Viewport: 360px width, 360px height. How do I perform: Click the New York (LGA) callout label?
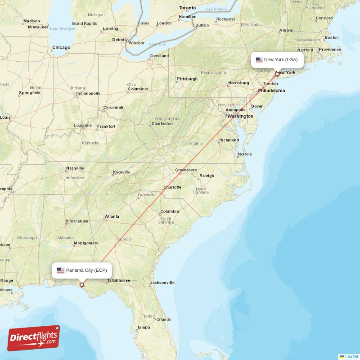pyautogui.click(x=277, y=59)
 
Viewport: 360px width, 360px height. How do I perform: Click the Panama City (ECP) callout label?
pyautogui.click(x=81, y=270)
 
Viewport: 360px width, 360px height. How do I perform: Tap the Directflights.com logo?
pyautogui.click(x=34, y=338)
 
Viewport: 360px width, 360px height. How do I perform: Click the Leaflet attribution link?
pyautogui.click(x=351, y=356)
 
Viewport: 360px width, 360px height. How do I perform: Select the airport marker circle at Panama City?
pyautogui.click(x=81, y=284)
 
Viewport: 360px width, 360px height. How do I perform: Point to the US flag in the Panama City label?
pyautogui.click(x=61, y=270)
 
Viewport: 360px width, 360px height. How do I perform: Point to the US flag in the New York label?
pyautogui.click(x=259, y=59)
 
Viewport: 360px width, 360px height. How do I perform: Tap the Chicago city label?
pyautogui.click(x=61, y=47)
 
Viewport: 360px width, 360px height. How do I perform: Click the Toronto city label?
pyautogui.click(x=188, y=8)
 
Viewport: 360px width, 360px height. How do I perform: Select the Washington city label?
pyautogui.click(x=240, y=116)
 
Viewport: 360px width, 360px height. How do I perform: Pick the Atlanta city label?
pyautogui.click(x=112, y=216)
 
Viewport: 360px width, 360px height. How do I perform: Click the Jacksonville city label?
pyautogui.click(x=162, y=283)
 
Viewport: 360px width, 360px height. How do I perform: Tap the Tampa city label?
pyautogui.click(x=144, y=327)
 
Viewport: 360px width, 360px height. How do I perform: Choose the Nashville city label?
pyautogui.click(x=75, y=168)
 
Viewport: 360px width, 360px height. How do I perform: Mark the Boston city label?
pyautogui.click(x=332, y=37)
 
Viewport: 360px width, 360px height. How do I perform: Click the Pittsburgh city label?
pyautogui.click(x=187, y=79)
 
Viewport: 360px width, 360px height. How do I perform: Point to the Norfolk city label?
pyautogui.click(x=245, y=154)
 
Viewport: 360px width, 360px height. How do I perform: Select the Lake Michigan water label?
pyautogui.click(x=63, y=29)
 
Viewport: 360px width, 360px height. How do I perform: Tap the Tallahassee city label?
pyautogui.click(x=118, y=280)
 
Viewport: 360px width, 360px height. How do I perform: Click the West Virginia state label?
pyautogui.click(x=167, y=118)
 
